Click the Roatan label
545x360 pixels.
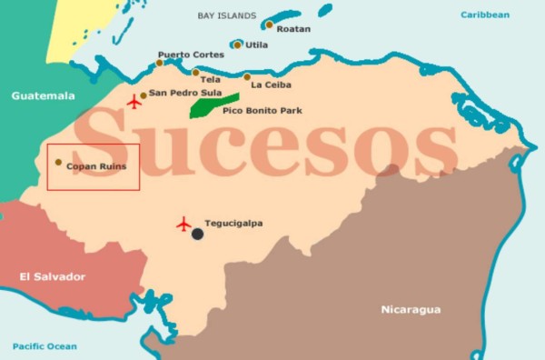tap(293, 29)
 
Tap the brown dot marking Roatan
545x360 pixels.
tap(270, 25)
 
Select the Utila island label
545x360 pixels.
tap(256, 45)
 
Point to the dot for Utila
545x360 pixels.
tap(237, 45)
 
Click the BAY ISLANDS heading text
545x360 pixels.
tap(227, 15)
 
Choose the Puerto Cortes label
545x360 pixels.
tap(190, 55)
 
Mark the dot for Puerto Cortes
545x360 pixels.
tap(160, 63)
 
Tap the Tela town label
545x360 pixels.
tap(211, 79)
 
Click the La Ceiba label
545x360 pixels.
tap(271, 85)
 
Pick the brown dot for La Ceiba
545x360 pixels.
tap(247, 77)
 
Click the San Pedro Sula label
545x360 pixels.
tap(186, 93)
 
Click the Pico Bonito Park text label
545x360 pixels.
tap(263, 111)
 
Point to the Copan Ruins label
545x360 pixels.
tap(96, 167)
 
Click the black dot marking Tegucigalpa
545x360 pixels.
tap(197, 234)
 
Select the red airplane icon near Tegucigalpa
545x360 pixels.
tap(184, 223)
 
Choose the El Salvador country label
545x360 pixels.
tap(53, 276)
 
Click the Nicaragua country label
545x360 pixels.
tap(410, 310)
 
